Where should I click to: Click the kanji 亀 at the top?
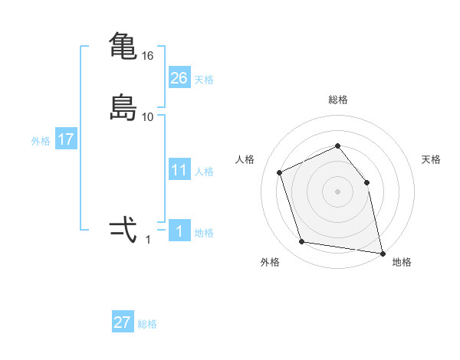pos(123,47)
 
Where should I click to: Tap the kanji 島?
pos(123,107)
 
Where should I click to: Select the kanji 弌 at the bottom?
pos(123,231)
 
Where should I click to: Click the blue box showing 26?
pos(179,77)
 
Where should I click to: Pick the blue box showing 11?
pos(179,170)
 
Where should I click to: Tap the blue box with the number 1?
pos(179,231)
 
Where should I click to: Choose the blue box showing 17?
pos(66,139)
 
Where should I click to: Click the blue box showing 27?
pos(123,322)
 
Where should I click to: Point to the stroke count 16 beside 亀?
pos(148,56)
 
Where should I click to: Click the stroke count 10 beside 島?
pos(148,117)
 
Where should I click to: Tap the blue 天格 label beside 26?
pos(204,79)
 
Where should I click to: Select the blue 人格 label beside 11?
pos(205,172)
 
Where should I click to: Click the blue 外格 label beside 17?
pos(41,141)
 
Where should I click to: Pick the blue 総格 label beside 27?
pos(147,324)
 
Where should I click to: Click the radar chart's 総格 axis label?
pos(338,100)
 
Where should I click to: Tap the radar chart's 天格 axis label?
pos(432,159)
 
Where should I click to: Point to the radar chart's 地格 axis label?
pos(402,262)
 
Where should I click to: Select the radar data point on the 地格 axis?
pos(382,252)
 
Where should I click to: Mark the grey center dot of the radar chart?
pos(338,191)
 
